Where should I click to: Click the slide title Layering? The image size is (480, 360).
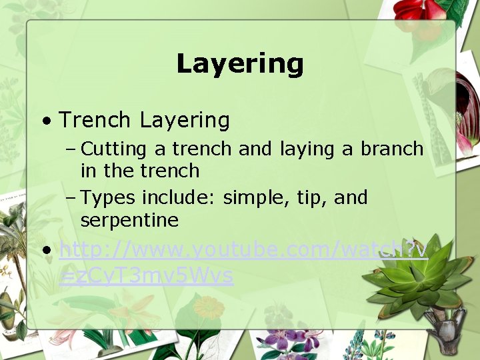[x=240, y=64]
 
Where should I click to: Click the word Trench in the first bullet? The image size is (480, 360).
[x=94, y=120]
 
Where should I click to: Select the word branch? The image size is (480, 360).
[x=392, y=149]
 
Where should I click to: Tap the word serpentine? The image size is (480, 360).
[x=129, y=220]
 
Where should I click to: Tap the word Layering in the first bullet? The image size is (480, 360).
[x=185, y=121]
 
